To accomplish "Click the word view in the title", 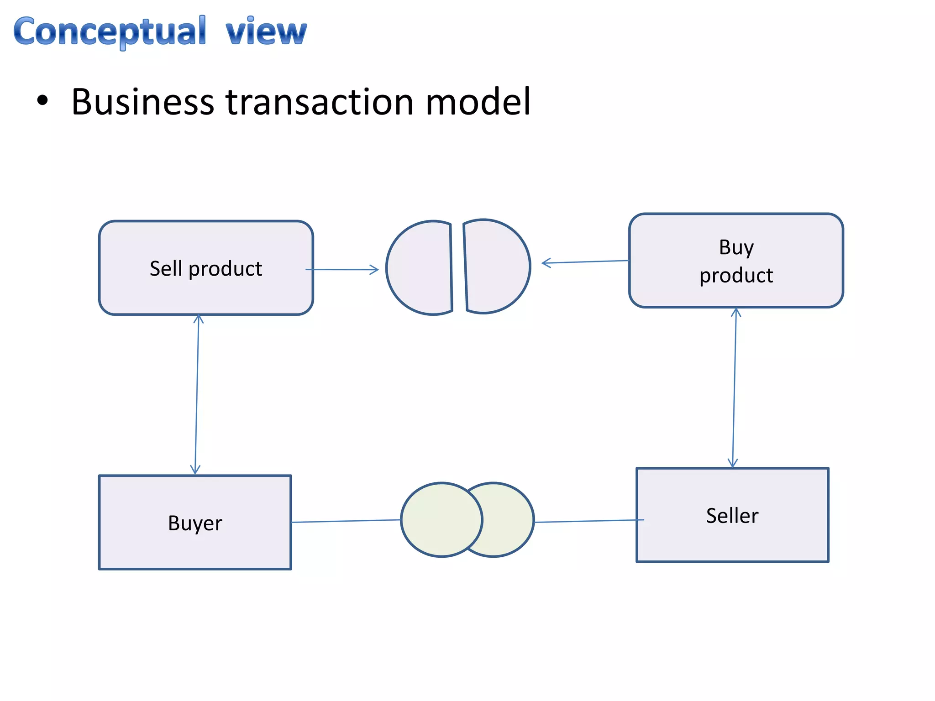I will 266,32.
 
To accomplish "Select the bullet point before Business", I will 42,101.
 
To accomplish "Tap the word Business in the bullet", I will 142,101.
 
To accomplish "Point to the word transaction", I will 320,101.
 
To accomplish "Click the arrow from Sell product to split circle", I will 342,270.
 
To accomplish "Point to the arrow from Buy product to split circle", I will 585,262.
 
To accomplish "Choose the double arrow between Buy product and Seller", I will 734,388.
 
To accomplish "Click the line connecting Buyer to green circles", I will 346,521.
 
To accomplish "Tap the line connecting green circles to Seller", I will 589,521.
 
